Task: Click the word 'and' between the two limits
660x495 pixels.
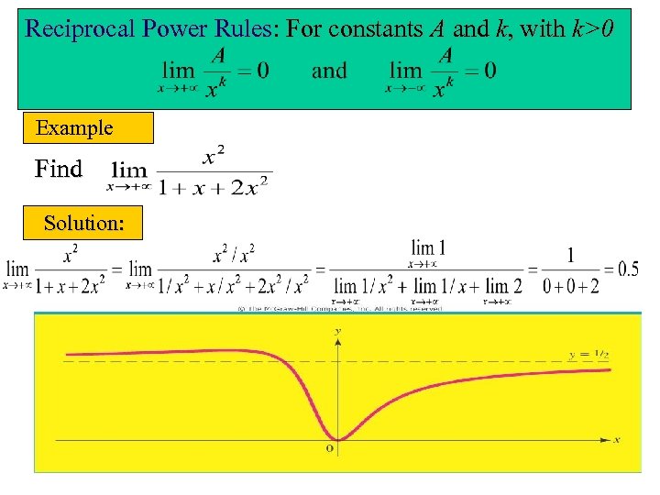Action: point(329,71)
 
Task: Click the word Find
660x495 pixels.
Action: point(58,169)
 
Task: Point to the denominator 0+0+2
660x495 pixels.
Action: point(570,287)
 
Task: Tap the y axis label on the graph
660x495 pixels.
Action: point(339,329)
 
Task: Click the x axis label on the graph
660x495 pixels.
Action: point(617,440)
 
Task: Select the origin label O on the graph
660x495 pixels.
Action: point(330,449)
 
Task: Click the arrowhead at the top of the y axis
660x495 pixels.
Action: point(339,340)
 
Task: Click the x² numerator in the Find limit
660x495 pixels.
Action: point(214,158)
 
